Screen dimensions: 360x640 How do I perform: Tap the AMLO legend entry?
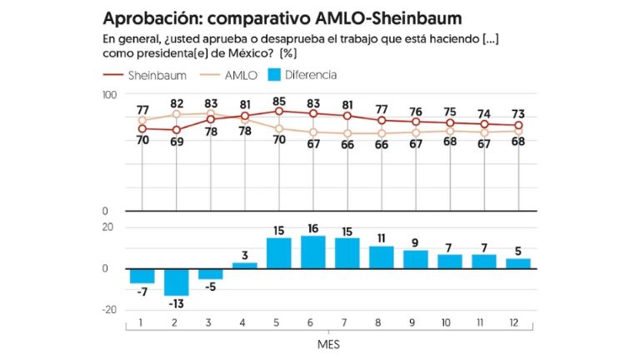coord(238,75)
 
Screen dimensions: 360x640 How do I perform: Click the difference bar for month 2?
coord(176,282)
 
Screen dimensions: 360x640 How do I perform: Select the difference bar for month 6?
coord(313,252)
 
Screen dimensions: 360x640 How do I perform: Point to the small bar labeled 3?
coord(244,265)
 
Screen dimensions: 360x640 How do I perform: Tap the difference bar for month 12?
coord(518,263)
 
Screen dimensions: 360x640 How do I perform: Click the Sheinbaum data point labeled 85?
coord(279,111)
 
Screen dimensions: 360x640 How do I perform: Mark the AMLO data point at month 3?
coord(210,113)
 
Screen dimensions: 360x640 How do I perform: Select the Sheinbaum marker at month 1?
coord(142,128)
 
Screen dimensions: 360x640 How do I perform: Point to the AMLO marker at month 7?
coord(347,133)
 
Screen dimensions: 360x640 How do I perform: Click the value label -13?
coord(176,304)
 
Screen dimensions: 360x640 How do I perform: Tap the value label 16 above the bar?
coord(313,228)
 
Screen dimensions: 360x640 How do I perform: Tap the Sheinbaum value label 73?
coord(518,113)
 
